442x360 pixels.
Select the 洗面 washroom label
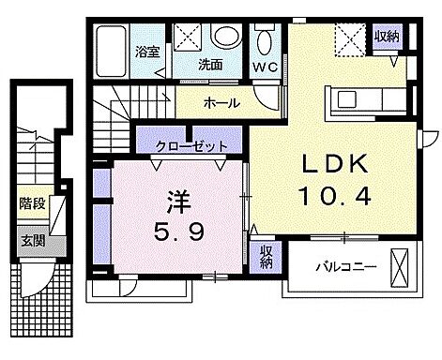tap(209, 65)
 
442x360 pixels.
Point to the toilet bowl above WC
tap(267, 41)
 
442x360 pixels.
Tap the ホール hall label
tap(221, 103)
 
